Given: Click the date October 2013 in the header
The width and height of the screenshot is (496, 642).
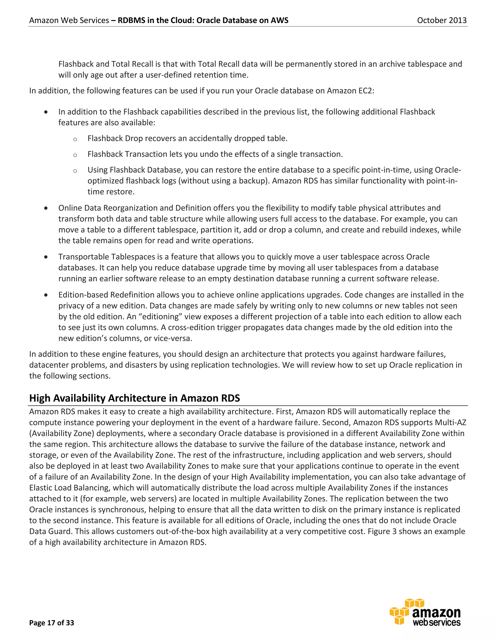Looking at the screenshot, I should coord(442,20).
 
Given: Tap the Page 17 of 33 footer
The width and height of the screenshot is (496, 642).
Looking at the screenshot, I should coord(52,623).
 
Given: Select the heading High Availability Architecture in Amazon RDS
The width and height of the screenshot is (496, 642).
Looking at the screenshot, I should coord(135,398).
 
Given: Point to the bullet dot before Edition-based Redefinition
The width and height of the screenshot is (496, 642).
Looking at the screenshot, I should coord(46,295).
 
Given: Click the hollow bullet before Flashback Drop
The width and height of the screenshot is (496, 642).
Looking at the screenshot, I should coord(75,139).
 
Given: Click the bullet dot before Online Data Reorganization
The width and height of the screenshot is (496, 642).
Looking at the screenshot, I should coord(46,208).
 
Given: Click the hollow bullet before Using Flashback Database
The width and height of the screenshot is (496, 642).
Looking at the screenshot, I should coord(75,171).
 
